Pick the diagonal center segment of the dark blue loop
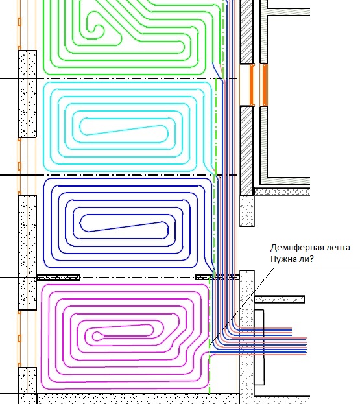pos(125,226)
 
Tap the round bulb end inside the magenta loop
pos(97,336)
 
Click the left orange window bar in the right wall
pos(252,85)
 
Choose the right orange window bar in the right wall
pos(265,85)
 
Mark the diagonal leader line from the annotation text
pos(242,306)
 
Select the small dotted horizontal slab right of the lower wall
pos(280,300)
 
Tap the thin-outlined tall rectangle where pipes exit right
pos(259,348)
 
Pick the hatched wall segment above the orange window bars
pos(246,31)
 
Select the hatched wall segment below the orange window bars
pos(246,150)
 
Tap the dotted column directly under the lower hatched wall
pos(247,211)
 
